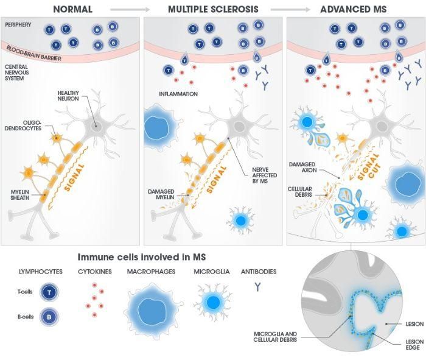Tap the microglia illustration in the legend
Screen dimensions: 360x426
212,303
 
